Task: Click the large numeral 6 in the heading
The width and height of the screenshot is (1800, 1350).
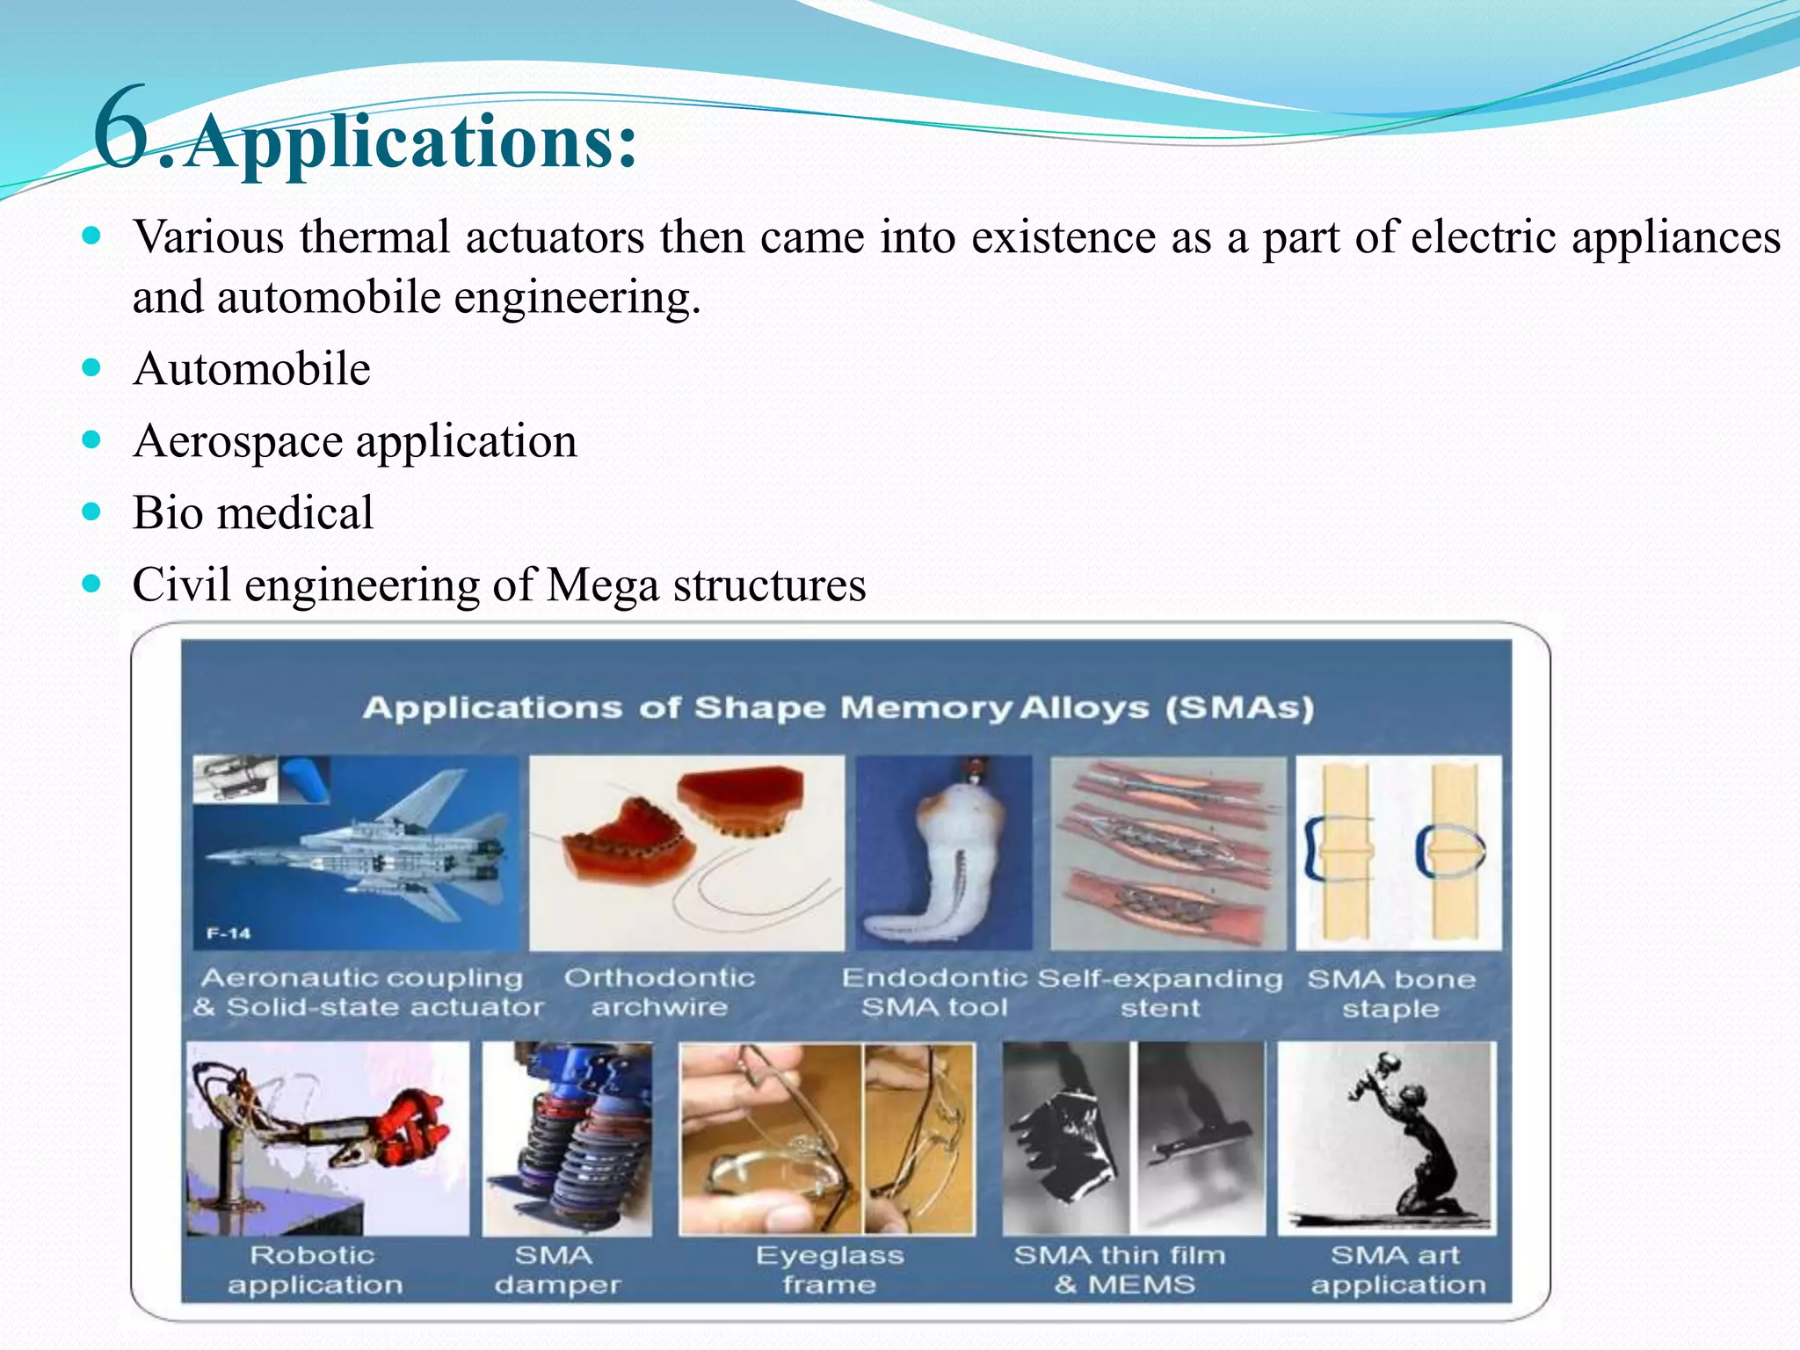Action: pos(121,127)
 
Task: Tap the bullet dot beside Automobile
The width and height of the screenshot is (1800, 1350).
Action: pos(91,367)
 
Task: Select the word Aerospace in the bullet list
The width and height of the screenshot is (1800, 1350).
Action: pos(237,441)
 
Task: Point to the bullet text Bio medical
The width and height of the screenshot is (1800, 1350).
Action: pos(253,513)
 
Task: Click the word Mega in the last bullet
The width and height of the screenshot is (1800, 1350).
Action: pos(602,586)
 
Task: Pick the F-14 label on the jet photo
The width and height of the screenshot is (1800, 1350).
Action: pos(229,933)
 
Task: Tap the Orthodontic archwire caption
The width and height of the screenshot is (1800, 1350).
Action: pos(659,992)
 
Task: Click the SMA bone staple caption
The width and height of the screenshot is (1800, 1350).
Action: pos(1390,994)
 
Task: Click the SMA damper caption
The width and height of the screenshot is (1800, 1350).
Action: pos(556,1270)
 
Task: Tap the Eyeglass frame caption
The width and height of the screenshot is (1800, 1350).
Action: pos(829,1270)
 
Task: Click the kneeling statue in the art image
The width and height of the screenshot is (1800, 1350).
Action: pos(1406,1143)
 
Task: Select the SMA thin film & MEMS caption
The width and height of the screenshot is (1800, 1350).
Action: pos(1120,1270)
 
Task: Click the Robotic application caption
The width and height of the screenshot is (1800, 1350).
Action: pos(314,1270)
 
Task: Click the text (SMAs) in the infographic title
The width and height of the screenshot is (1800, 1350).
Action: pos(1239,708)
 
